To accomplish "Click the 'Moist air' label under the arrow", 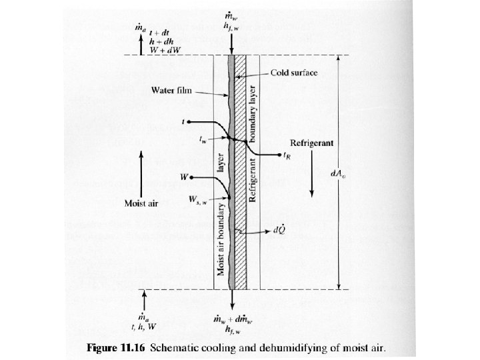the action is (141, 203).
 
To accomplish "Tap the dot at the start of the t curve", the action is (191, 123).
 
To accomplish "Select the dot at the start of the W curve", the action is (191, 178).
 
